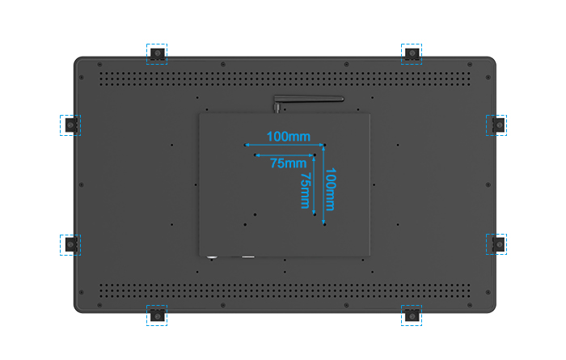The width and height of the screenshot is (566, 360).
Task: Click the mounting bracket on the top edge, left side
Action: pos(158,54)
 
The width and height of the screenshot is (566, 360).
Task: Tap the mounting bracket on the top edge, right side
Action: pos(412,54)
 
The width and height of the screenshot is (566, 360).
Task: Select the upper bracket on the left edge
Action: pos(71,125)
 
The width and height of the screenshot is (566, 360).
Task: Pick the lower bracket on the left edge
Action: pos(71,245)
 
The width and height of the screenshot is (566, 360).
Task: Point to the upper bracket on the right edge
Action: pos(499,125)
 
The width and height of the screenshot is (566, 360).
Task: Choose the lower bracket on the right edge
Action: pos(499,244)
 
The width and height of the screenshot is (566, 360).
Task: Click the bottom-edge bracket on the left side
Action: pos(158,316)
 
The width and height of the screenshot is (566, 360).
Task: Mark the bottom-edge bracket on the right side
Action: pos(412,316)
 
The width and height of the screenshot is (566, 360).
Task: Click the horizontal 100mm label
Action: pos(289,137)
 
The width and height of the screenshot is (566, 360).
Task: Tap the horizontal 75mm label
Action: pos(289,163)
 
